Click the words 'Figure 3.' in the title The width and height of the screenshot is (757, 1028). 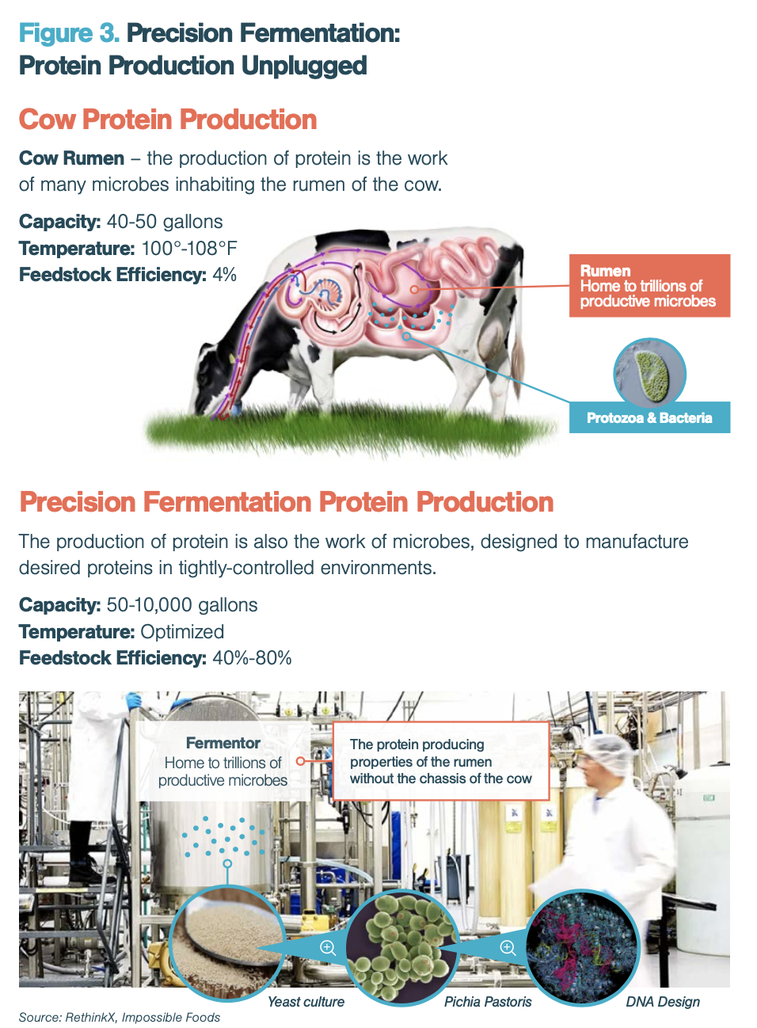coord(69,33)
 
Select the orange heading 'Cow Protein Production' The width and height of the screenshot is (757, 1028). coord(168,120)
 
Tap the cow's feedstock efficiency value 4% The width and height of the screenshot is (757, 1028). coord(224,275)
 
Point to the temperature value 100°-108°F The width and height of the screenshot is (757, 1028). coord(189,249)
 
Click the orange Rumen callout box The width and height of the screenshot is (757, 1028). coord(649,285)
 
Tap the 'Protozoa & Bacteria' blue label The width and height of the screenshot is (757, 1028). coord(649,417)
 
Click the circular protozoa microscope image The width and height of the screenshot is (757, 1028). coord(649,373)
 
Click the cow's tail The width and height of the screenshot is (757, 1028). coord(519,348)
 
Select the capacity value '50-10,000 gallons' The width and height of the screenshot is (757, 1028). coord(182,605)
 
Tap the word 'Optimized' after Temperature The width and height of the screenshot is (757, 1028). coord(182,632)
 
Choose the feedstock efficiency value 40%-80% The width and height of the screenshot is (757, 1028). coord(252,658)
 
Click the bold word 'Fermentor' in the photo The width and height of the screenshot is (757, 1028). coord(223,743)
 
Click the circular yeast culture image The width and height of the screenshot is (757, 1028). coord(226,943)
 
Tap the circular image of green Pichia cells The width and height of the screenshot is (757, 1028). coord(402,946)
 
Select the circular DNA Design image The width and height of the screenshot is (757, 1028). coord(582,946)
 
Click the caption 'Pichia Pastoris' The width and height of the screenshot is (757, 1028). coord(488,1002)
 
